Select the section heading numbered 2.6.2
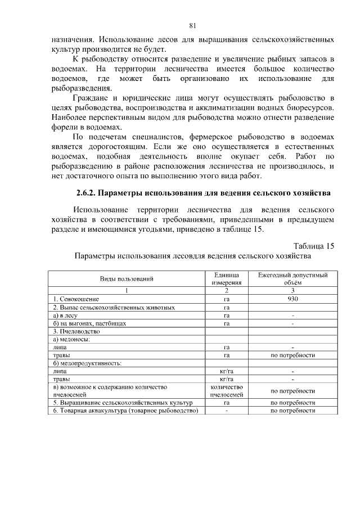tap(203, 193)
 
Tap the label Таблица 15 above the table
tap(314, 246)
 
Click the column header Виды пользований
tap(127, 279)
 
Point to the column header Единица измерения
tap(227, 279)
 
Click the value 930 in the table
tap(292, 299)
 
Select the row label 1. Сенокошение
tap(76, 299)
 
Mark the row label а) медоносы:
tap(71, 340)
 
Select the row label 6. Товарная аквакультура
tap(125, 411)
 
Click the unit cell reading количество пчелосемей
tap(227, 391)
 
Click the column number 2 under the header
tap(227, 291)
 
